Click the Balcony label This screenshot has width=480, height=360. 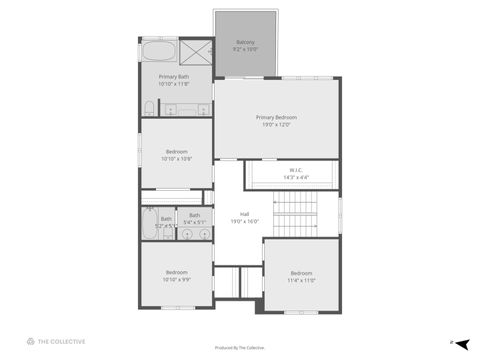(x=245, y=42)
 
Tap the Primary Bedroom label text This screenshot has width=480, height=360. (x=275, y=117)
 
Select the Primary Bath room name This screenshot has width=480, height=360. (x=176, y=76)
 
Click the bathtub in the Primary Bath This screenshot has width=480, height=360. (x=158, y=52)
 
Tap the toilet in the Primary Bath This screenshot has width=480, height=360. (x=149, y=107)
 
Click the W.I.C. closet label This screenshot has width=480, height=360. (x=297, y=170)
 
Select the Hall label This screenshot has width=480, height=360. (x=244, y=214)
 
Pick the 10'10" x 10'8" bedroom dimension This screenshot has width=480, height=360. (x=176, y=159)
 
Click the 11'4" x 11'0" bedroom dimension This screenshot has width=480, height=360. (x=302, y=281)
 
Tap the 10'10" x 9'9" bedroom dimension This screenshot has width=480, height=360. (x=176, y=280)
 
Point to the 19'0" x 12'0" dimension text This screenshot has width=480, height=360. (x=275, y=125)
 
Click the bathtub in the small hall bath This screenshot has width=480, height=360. (x=148, y=225)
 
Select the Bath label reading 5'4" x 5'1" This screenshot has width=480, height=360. (x=194, y=219)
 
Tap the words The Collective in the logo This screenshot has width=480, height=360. (x=61, y=342)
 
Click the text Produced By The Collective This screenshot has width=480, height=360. (x=240, y=348)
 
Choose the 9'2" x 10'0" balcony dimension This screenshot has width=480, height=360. (x=245, y=49)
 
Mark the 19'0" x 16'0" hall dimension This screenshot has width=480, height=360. (x=244, y=221)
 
